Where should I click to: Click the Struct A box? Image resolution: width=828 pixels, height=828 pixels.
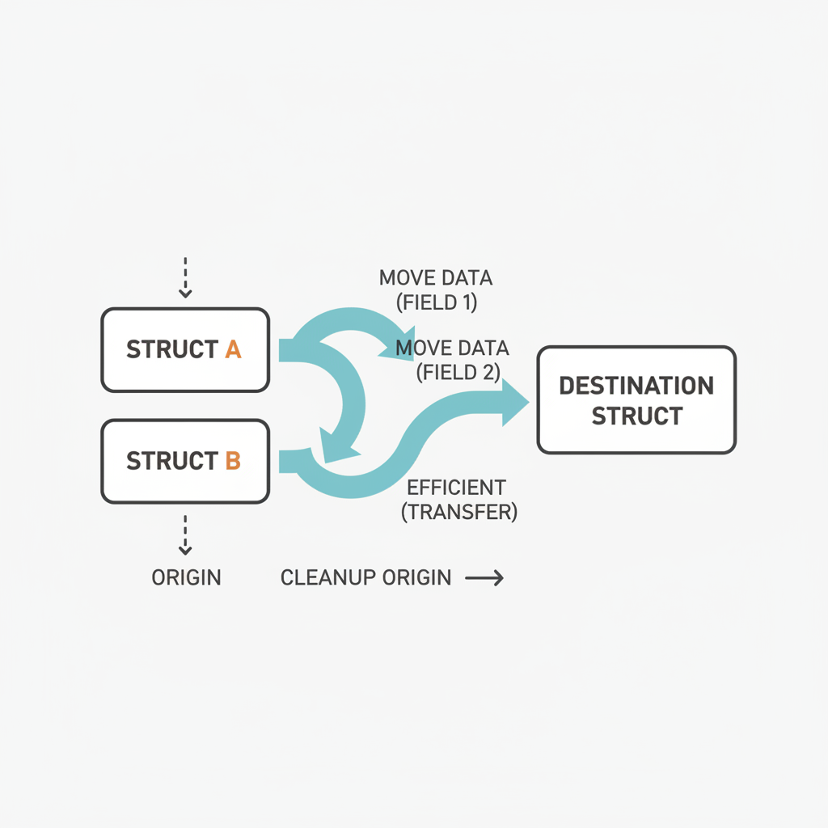coord(185,349)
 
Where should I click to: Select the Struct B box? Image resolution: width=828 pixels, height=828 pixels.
coord(185,461)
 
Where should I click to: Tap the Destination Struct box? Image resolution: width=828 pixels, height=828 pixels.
coord(636,399)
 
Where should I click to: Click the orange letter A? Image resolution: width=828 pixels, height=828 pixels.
coord(233,350)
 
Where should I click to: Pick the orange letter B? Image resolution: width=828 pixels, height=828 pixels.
coord(233,461)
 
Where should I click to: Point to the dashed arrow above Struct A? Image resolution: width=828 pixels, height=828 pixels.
coord(185,278)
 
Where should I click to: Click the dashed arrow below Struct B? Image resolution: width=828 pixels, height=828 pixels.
coord(185,535)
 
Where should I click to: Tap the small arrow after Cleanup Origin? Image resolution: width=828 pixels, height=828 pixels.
coord(484,578)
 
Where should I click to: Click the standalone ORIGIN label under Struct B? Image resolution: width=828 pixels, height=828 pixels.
coord(186,578)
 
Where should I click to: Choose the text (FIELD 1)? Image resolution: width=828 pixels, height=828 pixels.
coord(437,304)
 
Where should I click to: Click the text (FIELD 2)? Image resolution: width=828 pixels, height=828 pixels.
coord(458,372)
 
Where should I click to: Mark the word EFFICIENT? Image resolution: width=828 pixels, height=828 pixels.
coord(456,488)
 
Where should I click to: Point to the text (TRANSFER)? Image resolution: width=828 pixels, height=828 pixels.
coord(459,512)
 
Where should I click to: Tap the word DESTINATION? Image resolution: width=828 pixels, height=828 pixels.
coord(636,385)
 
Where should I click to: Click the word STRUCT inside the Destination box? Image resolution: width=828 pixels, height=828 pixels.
coord(636,416)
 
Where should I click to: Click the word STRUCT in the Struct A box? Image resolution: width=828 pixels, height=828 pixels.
coord(171,350)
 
